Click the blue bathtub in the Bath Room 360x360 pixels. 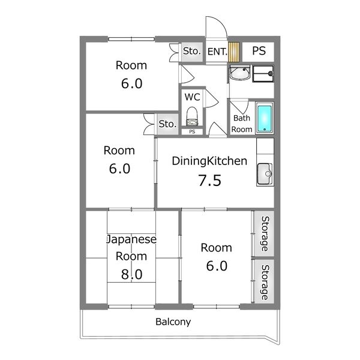point(264,118)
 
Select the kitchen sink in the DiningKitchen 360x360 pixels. point(264,174)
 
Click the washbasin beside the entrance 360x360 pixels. point(239,74)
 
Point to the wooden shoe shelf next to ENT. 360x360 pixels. point(233,52)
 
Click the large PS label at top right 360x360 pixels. point(259,51)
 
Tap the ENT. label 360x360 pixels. point(217,52)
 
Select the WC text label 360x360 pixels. point(192,97)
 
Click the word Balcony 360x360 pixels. point(173,322)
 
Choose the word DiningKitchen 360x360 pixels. point(209,161)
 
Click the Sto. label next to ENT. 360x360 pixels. point(192,52)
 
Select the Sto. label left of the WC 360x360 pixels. point(167,124)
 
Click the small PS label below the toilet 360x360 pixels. point(192,131)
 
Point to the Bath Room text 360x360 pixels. point(242,124)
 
